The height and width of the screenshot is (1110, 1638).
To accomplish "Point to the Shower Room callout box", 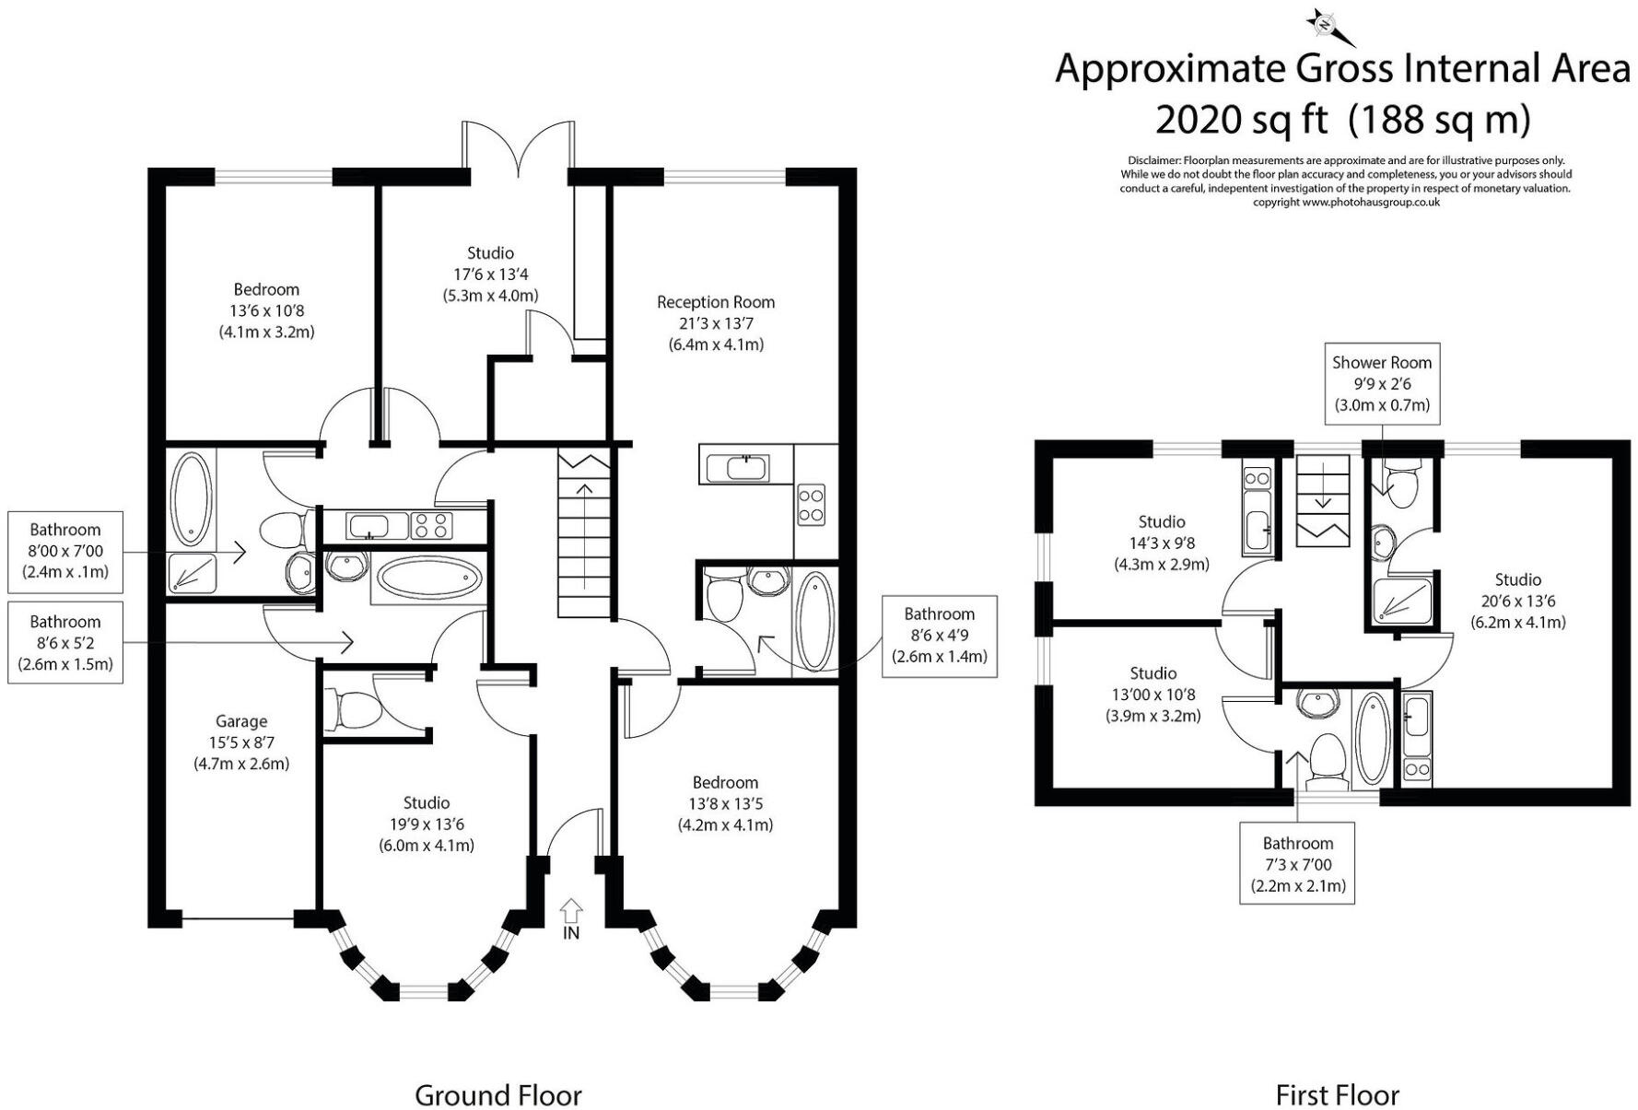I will point(1382,383).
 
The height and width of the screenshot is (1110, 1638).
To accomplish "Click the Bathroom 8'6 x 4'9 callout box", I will point(939,636).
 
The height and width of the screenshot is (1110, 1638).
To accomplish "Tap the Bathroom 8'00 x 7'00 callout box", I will point(64,551).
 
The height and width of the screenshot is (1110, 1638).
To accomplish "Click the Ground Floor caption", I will point(497,1095).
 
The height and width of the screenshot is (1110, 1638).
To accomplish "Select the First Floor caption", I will point(1337,1095).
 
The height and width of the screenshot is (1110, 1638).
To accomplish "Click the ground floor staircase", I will point(584,534).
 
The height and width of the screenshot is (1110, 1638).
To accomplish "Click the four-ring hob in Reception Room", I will point(811,505).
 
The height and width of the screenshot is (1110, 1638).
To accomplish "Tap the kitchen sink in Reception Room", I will point(747,467).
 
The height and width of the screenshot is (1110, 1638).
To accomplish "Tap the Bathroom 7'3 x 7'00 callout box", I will point(1297,864).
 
